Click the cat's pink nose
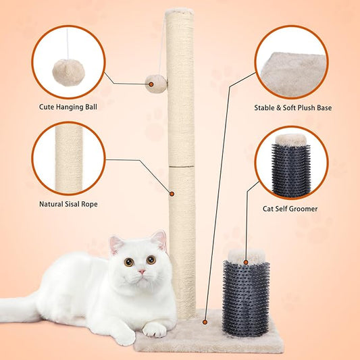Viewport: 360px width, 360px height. pos(140,272)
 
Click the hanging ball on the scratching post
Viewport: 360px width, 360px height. pos(156,84)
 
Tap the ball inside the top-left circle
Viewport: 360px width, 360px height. pos(68,68)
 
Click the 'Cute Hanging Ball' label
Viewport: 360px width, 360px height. pos(68,107)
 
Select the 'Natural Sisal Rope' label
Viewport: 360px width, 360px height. pos(68,203)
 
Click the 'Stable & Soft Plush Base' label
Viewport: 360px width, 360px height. pos(292,107)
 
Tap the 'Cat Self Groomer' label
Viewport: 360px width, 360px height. pos(290,209)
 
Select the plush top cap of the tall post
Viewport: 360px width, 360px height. pos(180,11)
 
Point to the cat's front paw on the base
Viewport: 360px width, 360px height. pos(155,329)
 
